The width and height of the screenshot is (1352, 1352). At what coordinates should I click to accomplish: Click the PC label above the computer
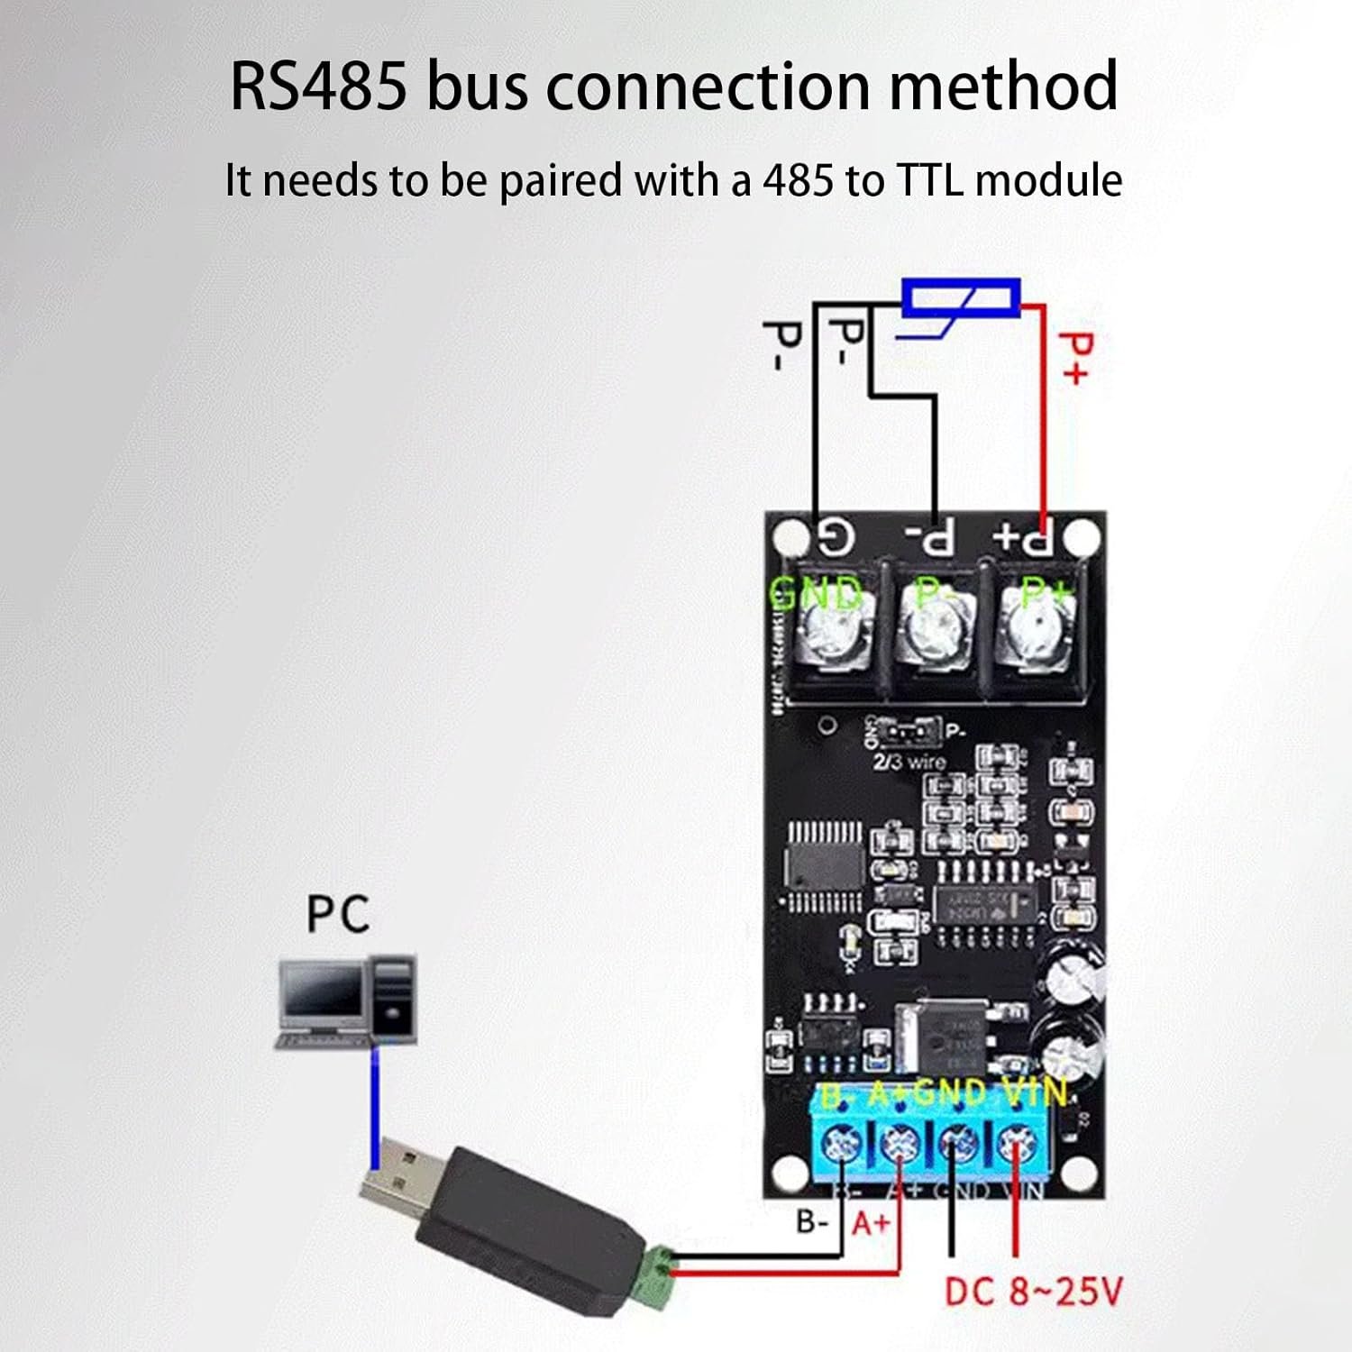(338, 914)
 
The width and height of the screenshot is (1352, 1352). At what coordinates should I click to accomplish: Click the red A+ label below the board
(871, 1224)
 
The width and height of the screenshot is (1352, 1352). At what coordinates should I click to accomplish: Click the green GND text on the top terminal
(817, 595)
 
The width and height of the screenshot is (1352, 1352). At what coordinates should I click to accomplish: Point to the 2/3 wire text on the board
(909, 763)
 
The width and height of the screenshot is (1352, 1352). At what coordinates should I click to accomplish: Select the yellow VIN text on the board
(1034, 1093)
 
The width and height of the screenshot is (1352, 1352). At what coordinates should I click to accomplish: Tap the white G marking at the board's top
(835, 538)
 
